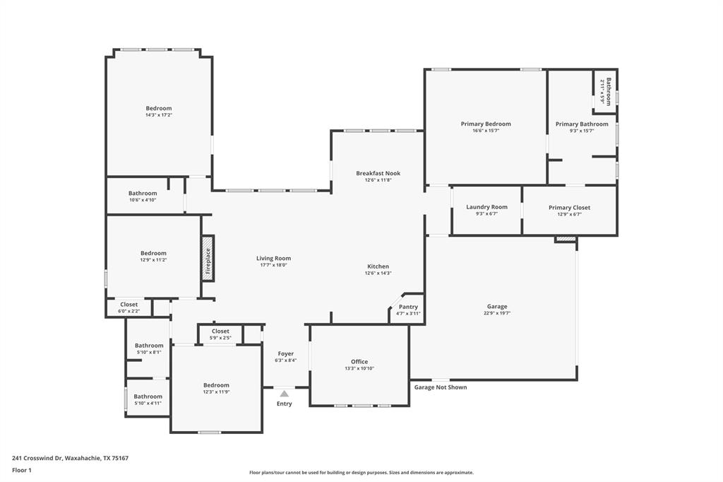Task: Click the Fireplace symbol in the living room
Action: pyautogui.click(x=208, y=258)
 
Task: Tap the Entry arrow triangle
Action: pyautogui.click(x=284, y=394)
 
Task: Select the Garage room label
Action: pyautogui.click(x=497, y=307)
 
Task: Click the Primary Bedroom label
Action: pyautogui.click(x=486, y=124)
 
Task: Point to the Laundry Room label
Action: pyautogui.click(x=486, y=207)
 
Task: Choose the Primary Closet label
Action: pyautogui.click(x=569, y=208)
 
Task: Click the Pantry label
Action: pyautogui.click(x=408, y=307)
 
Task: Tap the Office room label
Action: pyautogui.click(x=359, y=362)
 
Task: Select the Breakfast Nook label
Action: pyautogui.click(x=378, y=173)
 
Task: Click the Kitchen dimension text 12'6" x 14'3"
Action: pyautogui.click(x=378, y=274)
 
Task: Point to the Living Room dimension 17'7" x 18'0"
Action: pyautogui.click(x=273, y=265)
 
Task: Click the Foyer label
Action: pyautogui.click(x=285, y=353)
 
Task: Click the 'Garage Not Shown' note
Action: pyautogui.click(x=440, y=387)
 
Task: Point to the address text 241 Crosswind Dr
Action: pyautogui.click(x=70, y=458)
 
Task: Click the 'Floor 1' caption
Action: pyautogui.click(x=23, y=470)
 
